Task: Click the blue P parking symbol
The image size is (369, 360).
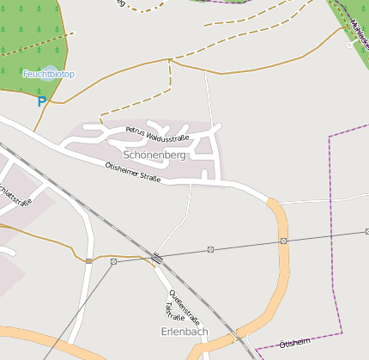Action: [x=42, y=101]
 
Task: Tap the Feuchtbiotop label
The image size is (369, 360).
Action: [x=49, y=75]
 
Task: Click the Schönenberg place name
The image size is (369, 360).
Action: [x=154, y=155]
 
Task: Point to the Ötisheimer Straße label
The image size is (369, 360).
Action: [x=132, y=172]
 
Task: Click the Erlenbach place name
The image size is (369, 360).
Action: [x=184, y=331]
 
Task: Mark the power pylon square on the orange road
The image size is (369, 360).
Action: [x=283, y=241]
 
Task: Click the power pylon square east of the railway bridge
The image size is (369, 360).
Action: [x=210, y=249]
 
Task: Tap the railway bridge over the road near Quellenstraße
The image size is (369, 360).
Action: [x=156, y=257]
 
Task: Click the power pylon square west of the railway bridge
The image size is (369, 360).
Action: [x=113, y=261]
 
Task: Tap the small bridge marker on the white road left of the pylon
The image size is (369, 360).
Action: [x=88, y=259]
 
